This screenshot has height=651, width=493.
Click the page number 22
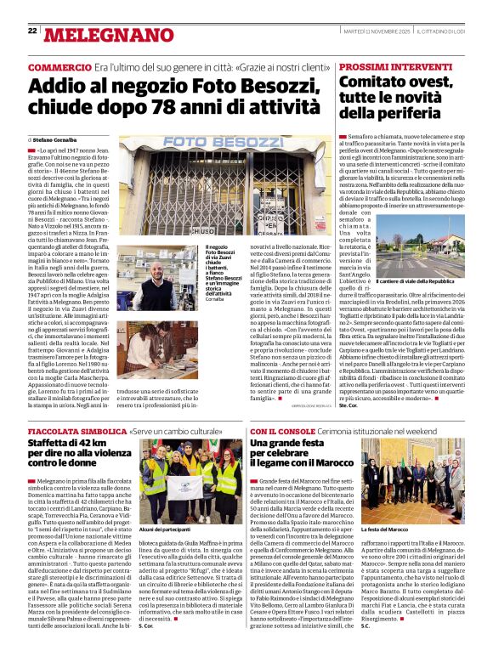32,31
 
